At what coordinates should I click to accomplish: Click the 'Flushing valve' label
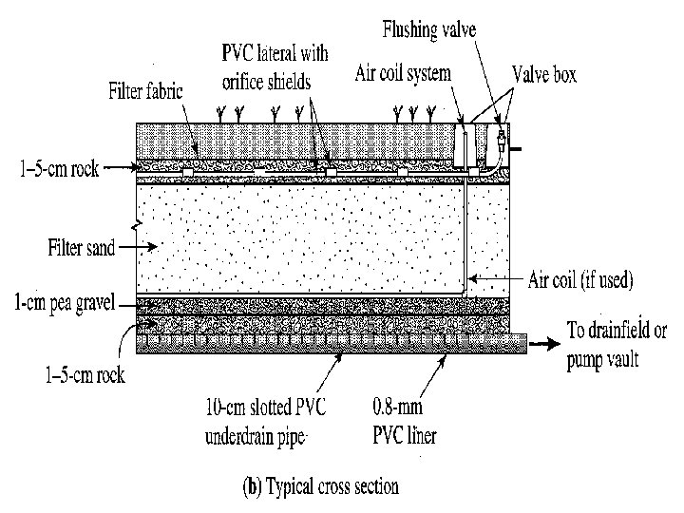428,30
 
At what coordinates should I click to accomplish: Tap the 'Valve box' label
545,72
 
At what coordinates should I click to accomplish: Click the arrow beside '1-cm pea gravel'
129,304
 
